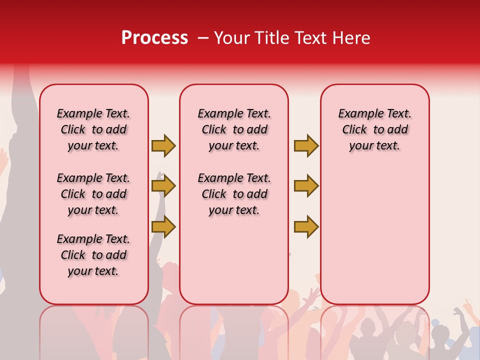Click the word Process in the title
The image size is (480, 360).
click(154, 38)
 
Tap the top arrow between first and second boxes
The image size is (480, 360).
click(163, 145)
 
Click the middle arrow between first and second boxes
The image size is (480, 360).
click(163, 186)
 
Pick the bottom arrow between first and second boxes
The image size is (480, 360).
click(163, 226)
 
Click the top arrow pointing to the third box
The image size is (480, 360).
click(306, 145)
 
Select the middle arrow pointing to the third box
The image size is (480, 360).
click(306, 186)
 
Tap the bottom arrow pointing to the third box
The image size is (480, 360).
click(306, 226)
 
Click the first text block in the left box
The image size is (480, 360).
click(93, 129)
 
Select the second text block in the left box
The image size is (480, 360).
click(93, 194)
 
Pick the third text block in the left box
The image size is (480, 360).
click(93, 255)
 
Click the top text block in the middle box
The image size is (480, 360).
click(234, 129)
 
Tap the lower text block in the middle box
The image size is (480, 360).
click(234, 194)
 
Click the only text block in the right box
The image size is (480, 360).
click(375, 129)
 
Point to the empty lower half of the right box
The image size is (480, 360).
click(375, 240)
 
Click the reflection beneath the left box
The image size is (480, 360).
click(94, 330)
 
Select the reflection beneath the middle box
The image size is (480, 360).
click(234, 330)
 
